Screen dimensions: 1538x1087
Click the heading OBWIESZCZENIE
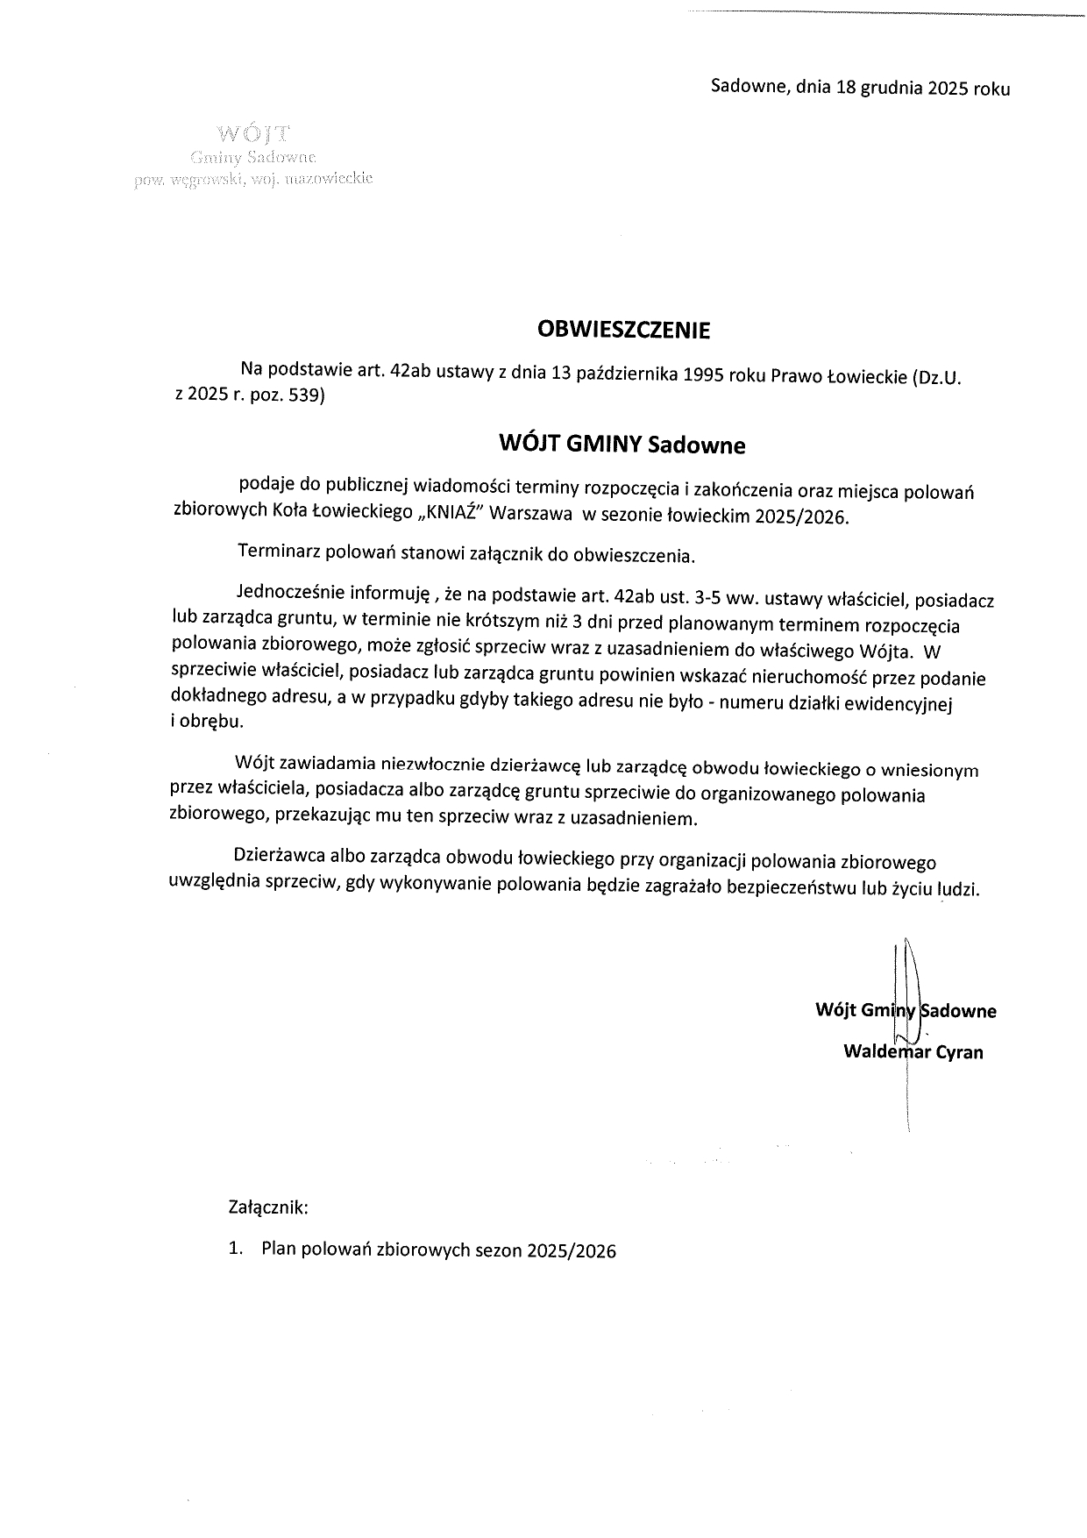[x=623, y=331]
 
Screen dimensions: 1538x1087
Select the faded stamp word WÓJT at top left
[x=253, y=135]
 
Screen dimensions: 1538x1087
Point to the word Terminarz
[x=278, y=554]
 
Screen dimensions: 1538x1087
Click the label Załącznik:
[x=268, y=1207]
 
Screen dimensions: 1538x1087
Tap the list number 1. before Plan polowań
[x=235, y=1250]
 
